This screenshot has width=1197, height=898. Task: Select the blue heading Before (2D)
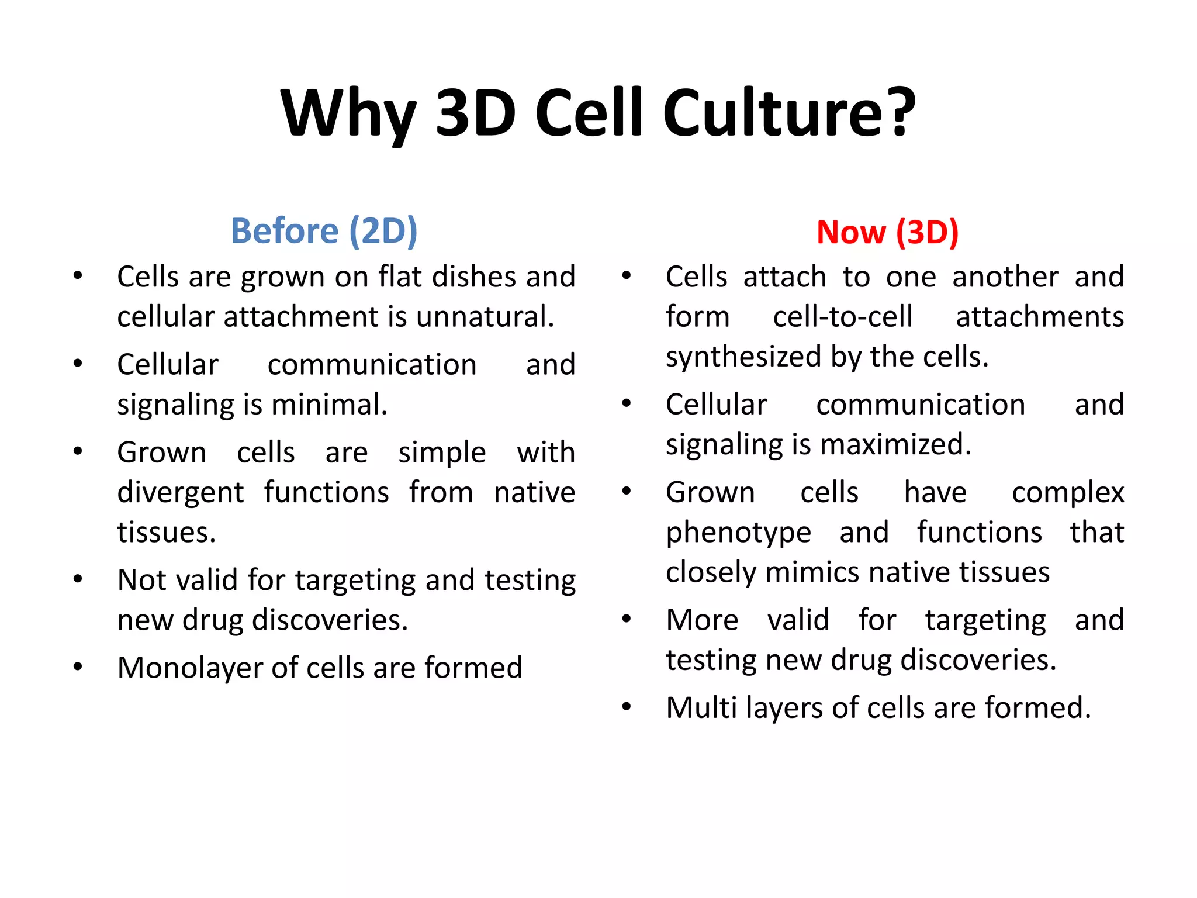324,230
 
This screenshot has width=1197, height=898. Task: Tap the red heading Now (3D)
887,232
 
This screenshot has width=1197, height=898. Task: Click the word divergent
180,492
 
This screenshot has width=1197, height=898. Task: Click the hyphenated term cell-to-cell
842,317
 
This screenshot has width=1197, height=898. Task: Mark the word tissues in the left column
166,532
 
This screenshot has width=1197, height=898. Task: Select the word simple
442,453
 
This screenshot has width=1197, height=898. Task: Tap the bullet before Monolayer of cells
78,667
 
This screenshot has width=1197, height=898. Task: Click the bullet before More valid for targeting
627,619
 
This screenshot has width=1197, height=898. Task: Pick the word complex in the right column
1068,493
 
